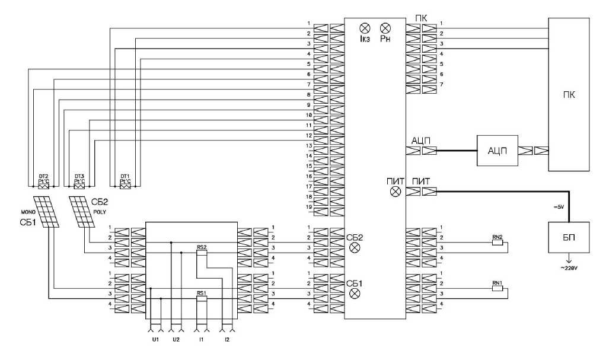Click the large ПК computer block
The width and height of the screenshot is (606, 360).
[569, 95]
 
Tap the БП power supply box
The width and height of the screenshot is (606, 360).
[569, 237]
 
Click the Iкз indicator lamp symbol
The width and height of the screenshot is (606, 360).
[365, 28]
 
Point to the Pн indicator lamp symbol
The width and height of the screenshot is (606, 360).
[385, 28]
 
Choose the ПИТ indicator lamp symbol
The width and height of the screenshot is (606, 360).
[397, 192]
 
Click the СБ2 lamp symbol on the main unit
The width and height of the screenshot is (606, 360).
[355, 248]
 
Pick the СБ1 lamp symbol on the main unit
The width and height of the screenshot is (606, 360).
[355, 294]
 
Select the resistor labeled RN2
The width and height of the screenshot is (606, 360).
[497, 243]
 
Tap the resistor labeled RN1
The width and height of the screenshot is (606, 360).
[497, 289]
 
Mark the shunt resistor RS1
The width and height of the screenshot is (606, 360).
[202, 299]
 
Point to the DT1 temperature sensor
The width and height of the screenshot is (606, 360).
[125, 186]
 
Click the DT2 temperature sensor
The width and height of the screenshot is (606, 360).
[43, 186]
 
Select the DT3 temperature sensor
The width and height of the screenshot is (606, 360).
[79, 186]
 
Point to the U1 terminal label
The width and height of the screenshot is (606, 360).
[155, 340]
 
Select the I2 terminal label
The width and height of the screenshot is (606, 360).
[227, 340]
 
